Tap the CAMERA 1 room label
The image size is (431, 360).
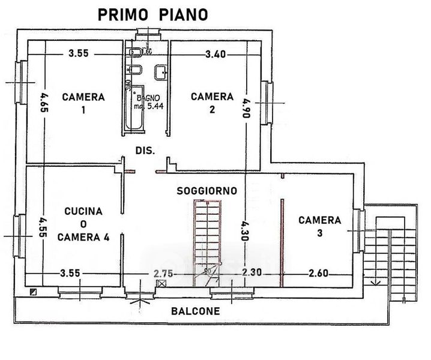(83, 103)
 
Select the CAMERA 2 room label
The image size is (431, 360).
(212, 103)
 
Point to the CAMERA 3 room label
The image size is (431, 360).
(320, 227)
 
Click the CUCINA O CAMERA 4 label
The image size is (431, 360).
(83, 224)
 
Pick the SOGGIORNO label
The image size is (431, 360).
(206, 191)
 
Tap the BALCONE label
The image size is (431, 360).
(195, 311)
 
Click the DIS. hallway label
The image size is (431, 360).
(145, 151)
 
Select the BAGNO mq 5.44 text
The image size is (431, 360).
(148, 102)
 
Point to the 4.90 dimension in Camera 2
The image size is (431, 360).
(245, 109)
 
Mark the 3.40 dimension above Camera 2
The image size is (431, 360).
(216, 54)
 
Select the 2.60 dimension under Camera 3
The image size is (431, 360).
(319, 273)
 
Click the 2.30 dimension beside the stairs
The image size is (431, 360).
(252, 273)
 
